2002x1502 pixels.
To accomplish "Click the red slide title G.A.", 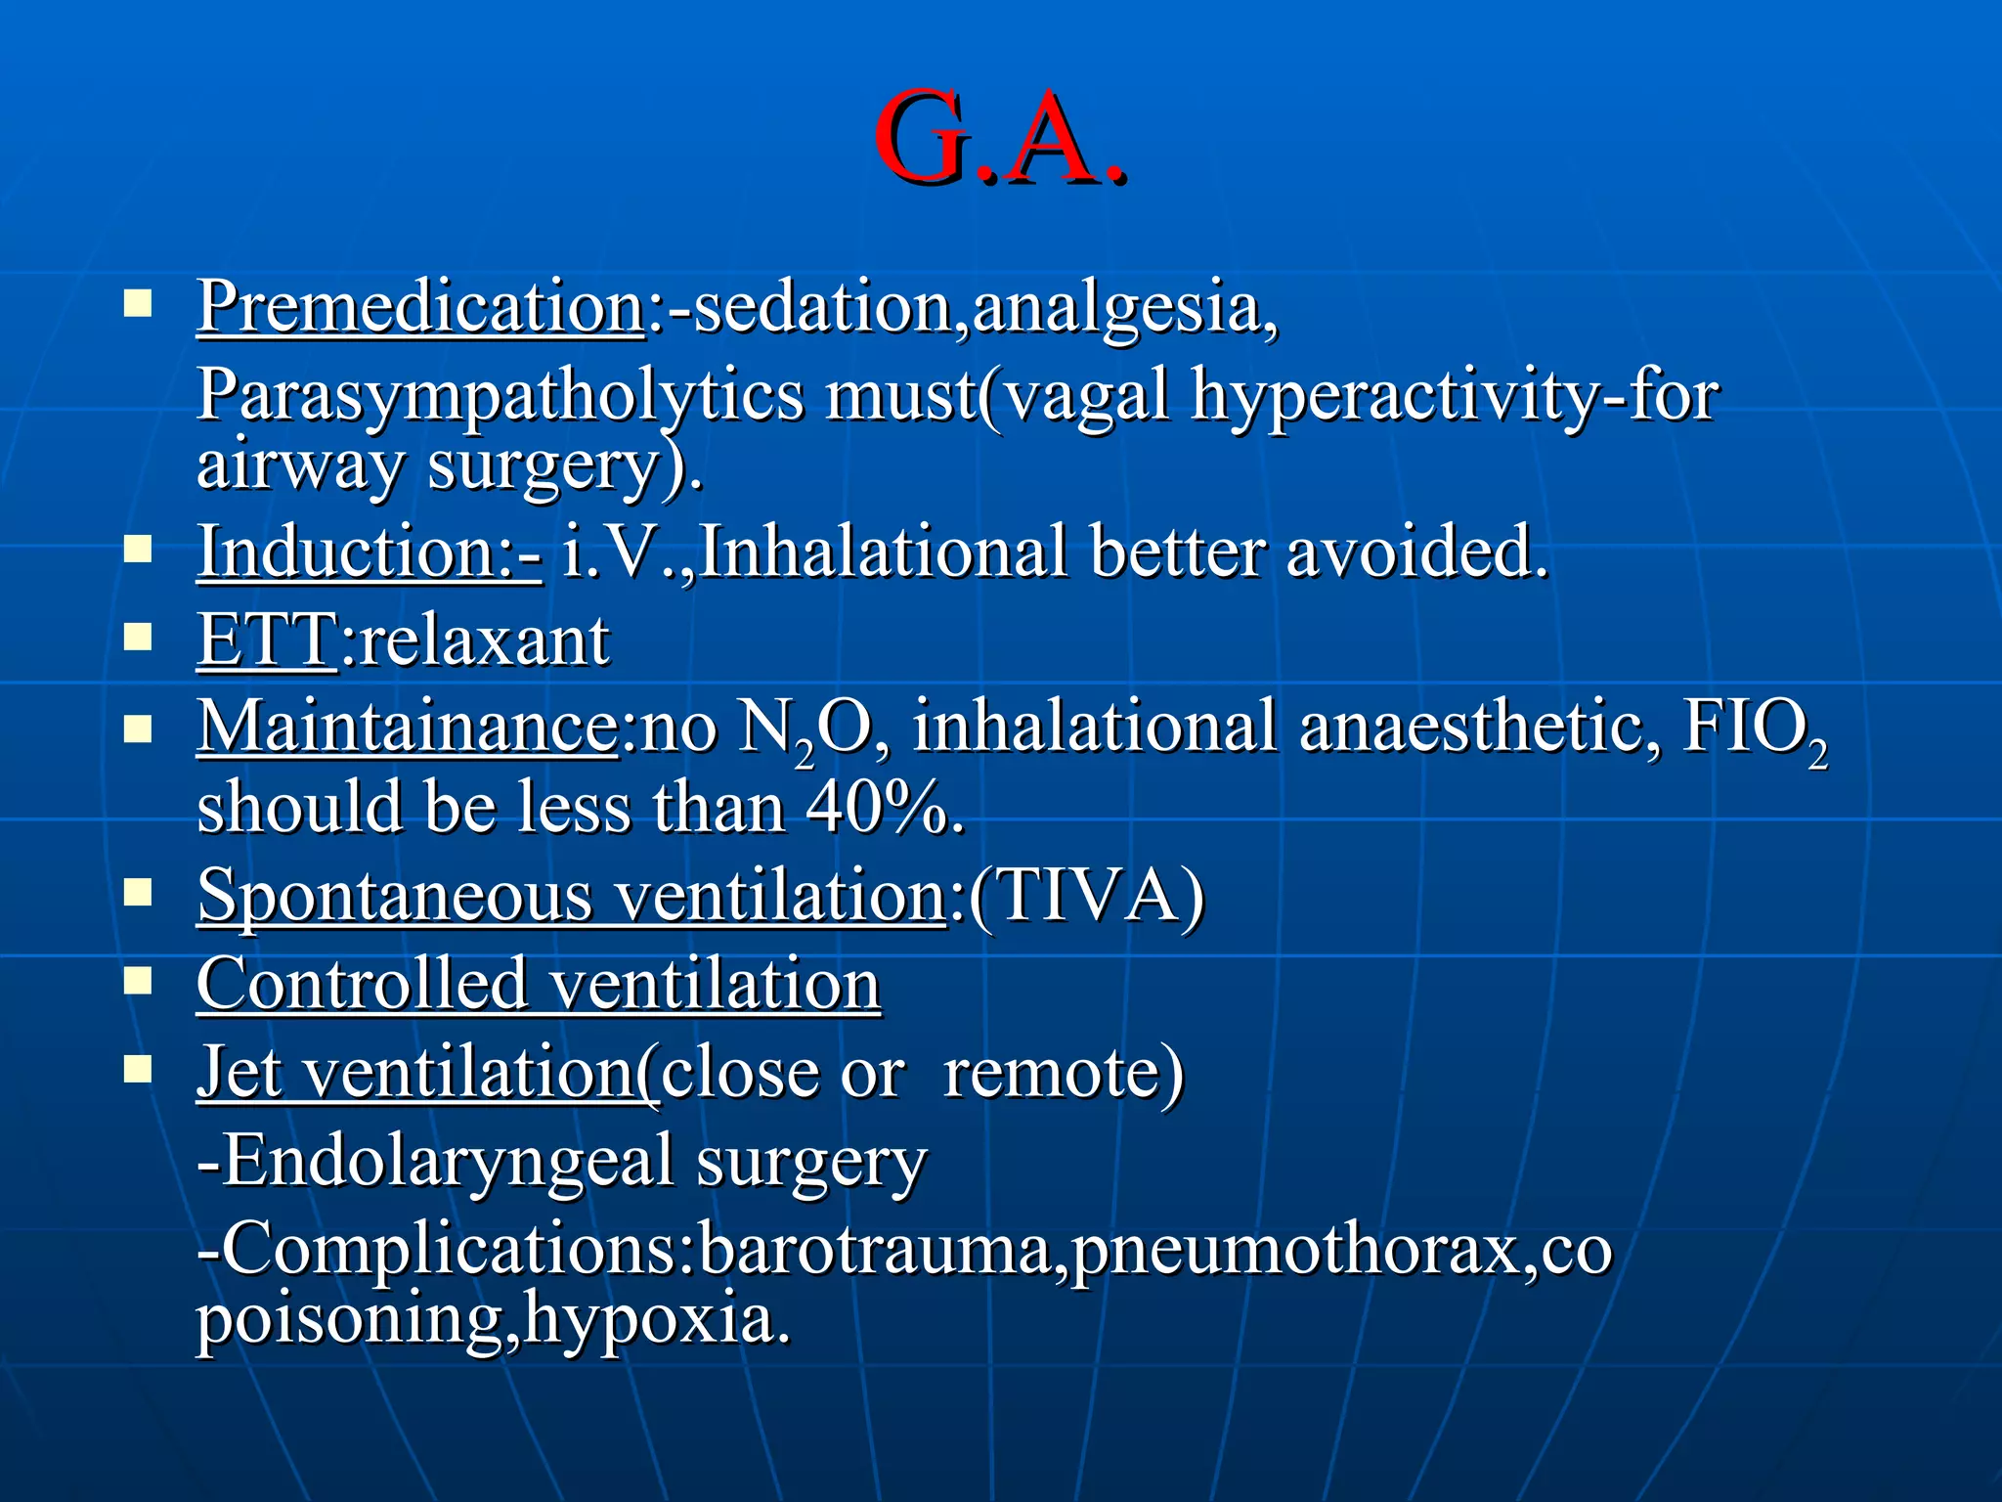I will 999,139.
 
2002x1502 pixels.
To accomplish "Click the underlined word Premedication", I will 420,307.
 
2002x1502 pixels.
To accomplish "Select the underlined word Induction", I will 348,552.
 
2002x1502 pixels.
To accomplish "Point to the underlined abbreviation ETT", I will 267,641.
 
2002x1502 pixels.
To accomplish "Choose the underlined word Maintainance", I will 407,727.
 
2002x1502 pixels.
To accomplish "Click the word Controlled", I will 362,984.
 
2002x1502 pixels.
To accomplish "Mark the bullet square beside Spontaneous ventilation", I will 138,893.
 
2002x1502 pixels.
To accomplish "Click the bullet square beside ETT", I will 138,639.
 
